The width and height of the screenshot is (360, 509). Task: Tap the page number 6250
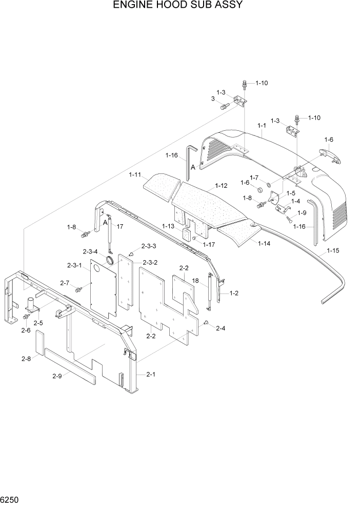pyautogui.click(x=10, y=499)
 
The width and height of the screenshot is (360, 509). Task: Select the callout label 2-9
pyautogui.click(x=57, y=376)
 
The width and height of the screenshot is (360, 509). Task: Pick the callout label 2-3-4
pyautogui.click(x=91, y=251)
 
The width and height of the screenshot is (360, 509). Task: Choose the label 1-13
pyautogui.click(x=169, y=226)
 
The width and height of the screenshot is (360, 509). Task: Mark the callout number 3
pyautogui.click(x=212, y=99)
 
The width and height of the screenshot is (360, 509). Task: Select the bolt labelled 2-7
pyautogui.click(x=78, y=290)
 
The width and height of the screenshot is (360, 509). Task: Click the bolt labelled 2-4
pyautogui.click(x=206, y=322)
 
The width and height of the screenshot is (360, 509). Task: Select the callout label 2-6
pyautogui.click(x=26, y=330)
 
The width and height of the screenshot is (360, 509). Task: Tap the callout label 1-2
pyautogui.click(x=234, y=293)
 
